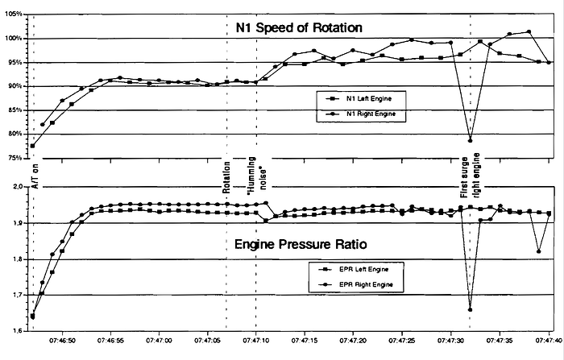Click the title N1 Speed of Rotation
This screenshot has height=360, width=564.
(x=299, y=27)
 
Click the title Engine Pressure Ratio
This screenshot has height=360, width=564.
(x=301, y=245)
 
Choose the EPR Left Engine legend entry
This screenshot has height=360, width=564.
(x=355, y=269)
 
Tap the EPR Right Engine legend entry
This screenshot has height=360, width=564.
(x=356, y=284)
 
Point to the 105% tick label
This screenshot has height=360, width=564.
(x=14, y=14)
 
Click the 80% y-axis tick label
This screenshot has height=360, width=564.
(x=15, y=134)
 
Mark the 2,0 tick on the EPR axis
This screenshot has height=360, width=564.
(x=19, y=187)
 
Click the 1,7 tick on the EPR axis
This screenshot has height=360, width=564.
(x=19, y=295)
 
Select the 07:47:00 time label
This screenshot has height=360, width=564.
(x=159, y=340)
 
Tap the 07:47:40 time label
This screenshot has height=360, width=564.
(x=549, y=340)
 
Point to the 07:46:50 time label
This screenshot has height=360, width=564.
(x=62, y=340)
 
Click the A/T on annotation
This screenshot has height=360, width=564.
(x=35, y=176)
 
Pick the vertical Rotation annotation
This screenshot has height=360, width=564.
(x=226, y=177)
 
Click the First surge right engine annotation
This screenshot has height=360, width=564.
(x=470, y=176)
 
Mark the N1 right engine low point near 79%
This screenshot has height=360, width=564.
(x=470, y=141)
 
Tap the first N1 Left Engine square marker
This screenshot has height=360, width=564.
(x=33, y=146)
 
